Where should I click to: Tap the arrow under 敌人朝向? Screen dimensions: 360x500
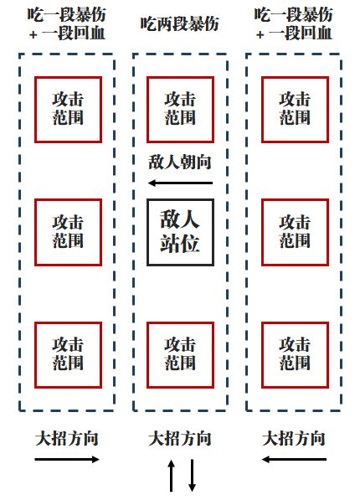[181, 183]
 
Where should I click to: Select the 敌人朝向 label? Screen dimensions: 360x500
[180, 162]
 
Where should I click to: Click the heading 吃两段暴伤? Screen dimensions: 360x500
[180, 24]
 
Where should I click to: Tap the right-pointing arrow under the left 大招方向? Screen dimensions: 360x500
[67, 459]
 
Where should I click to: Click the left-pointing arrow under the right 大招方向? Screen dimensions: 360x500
[294, 459]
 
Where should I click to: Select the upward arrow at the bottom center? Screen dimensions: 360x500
[172, 476]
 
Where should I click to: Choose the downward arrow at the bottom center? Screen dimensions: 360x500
[192, 476]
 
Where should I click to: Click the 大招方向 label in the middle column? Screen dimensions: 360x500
[180, 439]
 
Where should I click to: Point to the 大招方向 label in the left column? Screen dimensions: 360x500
[67, 439]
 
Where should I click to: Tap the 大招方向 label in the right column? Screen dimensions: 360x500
[294, 439]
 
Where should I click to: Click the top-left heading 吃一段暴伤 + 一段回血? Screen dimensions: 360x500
[67, 24]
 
